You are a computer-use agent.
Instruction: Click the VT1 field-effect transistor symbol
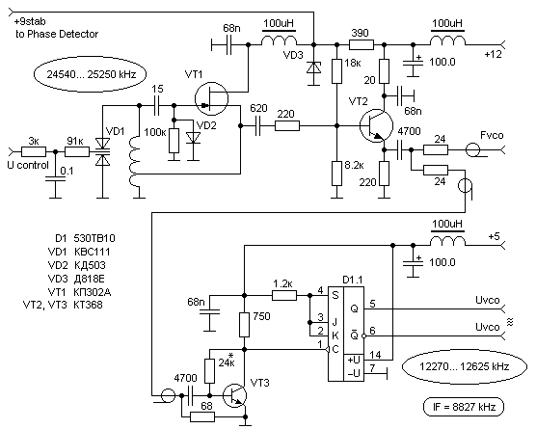[211, 98]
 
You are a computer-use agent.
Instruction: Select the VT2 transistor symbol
[376, 125]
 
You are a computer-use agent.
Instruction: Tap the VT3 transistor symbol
[234, 395]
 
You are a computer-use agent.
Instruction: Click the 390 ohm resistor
[362, 44]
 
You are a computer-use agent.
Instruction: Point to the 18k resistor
[337, 71]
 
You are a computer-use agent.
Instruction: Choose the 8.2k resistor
[337, 174]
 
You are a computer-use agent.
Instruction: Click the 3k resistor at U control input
[34, 151]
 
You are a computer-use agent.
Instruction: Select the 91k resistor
[77, 151]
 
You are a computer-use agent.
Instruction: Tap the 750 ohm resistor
[245, 325]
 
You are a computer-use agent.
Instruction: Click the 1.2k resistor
[284, 295]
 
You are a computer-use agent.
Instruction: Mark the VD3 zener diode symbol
[314, 67]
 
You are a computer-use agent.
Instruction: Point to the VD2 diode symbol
[194, 138]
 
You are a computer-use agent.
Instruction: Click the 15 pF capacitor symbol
[157, 106]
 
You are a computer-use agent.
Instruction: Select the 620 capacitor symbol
[258, 125]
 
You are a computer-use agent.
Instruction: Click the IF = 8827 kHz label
[464, 407]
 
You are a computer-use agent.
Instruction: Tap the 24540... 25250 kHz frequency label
[91, 74]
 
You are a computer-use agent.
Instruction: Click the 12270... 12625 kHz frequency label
[465, 366]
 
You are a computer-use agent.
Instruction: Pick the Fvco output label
[492, 135]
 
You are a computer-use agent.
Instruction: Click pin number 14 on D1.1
[375, 355]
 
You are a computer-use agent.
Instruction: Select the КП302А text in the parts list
[92, 292]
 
